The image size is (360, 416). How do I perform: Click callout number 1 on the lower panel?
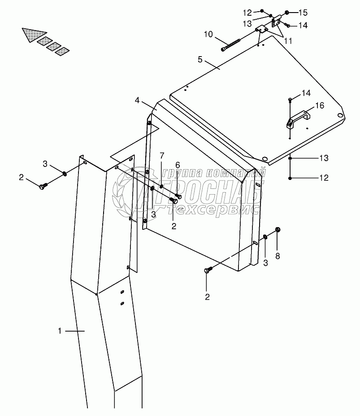(x=60, y=331)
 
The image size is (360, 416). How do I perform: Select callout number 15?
(x=304, y=12)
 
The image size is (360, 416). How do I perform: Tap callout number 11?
(x=288, y=40)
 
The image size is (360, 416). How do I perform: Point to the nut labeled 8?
(x=278, y=230)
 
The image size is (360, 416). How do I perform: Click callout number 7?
(x=161, y=155)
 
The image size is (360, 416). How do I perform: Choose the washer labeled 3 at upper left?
(x=65, y=173)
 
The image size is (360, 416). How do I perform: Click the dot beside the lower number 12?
(x=291, y=178)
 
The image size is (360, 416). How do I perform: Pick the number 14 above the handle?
(x=306, y=93)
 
